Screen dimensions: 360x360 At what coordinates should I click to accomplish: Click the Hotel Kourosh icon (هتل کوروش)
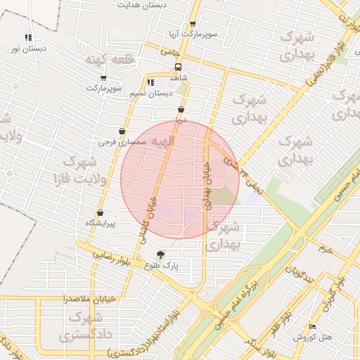pyautogui.click(x=313, y=327)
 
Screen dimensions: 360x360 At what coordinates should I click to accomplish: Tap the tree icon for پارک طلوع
pyautogui.click(x=161, y=255)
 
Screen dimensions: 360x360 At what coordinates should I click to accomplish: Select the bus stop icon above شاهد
pyautogui.click(x=178, y=68)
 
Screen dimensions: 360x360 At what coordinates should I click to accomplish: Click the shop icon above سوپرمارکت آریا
pyautogui.click(x=192, y=24)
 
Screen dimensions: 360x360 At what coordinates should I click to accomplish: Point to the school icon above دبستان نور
pyautogui.click(x=27, y=38)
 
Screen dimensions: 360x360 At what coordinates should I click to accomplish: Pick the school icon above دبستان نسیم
pyautogui.click(x=150, y=83)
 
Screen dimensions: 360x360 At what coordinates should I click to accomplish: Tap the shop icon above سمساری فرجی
pyautogui.click(x=122, y=131)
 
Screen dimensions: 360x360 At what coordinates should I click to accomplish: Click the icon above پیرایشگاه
pyautogui.click(x=100, y=212)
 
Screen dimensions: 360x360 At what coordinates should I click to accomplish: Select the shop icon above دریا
pyautogui.click(x=181, y=110)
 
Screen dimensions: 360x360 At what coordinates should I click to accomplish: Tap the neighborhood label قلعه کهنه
pyautogui.click(x=103, y=60)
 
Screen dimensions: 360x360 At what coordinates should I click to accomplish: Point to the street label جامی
pyautogui.click(x=170, y=51)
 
